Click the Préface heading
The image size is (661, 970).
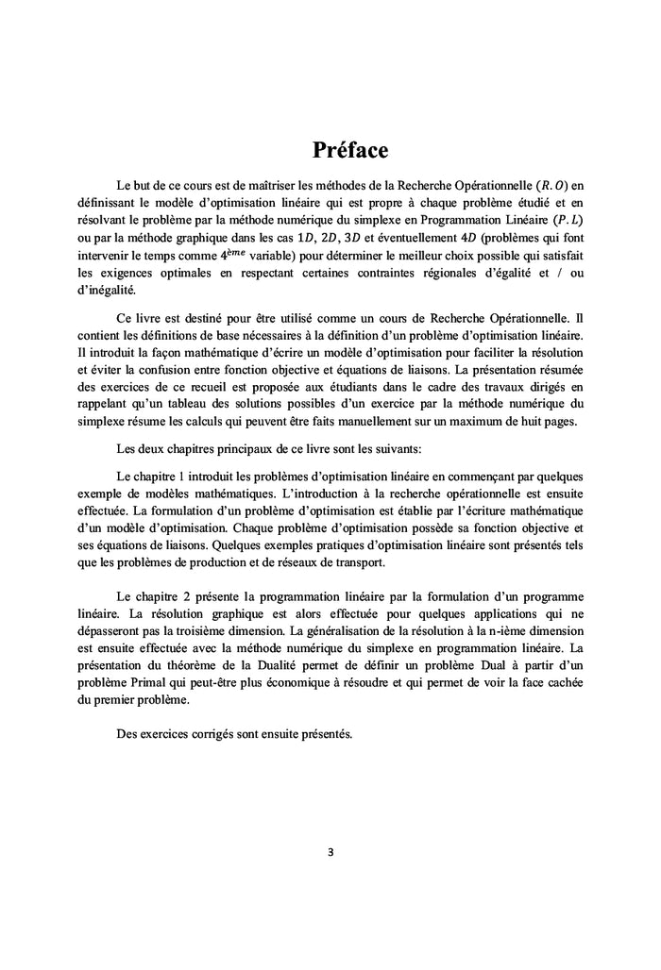click(x=350, y=149)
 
